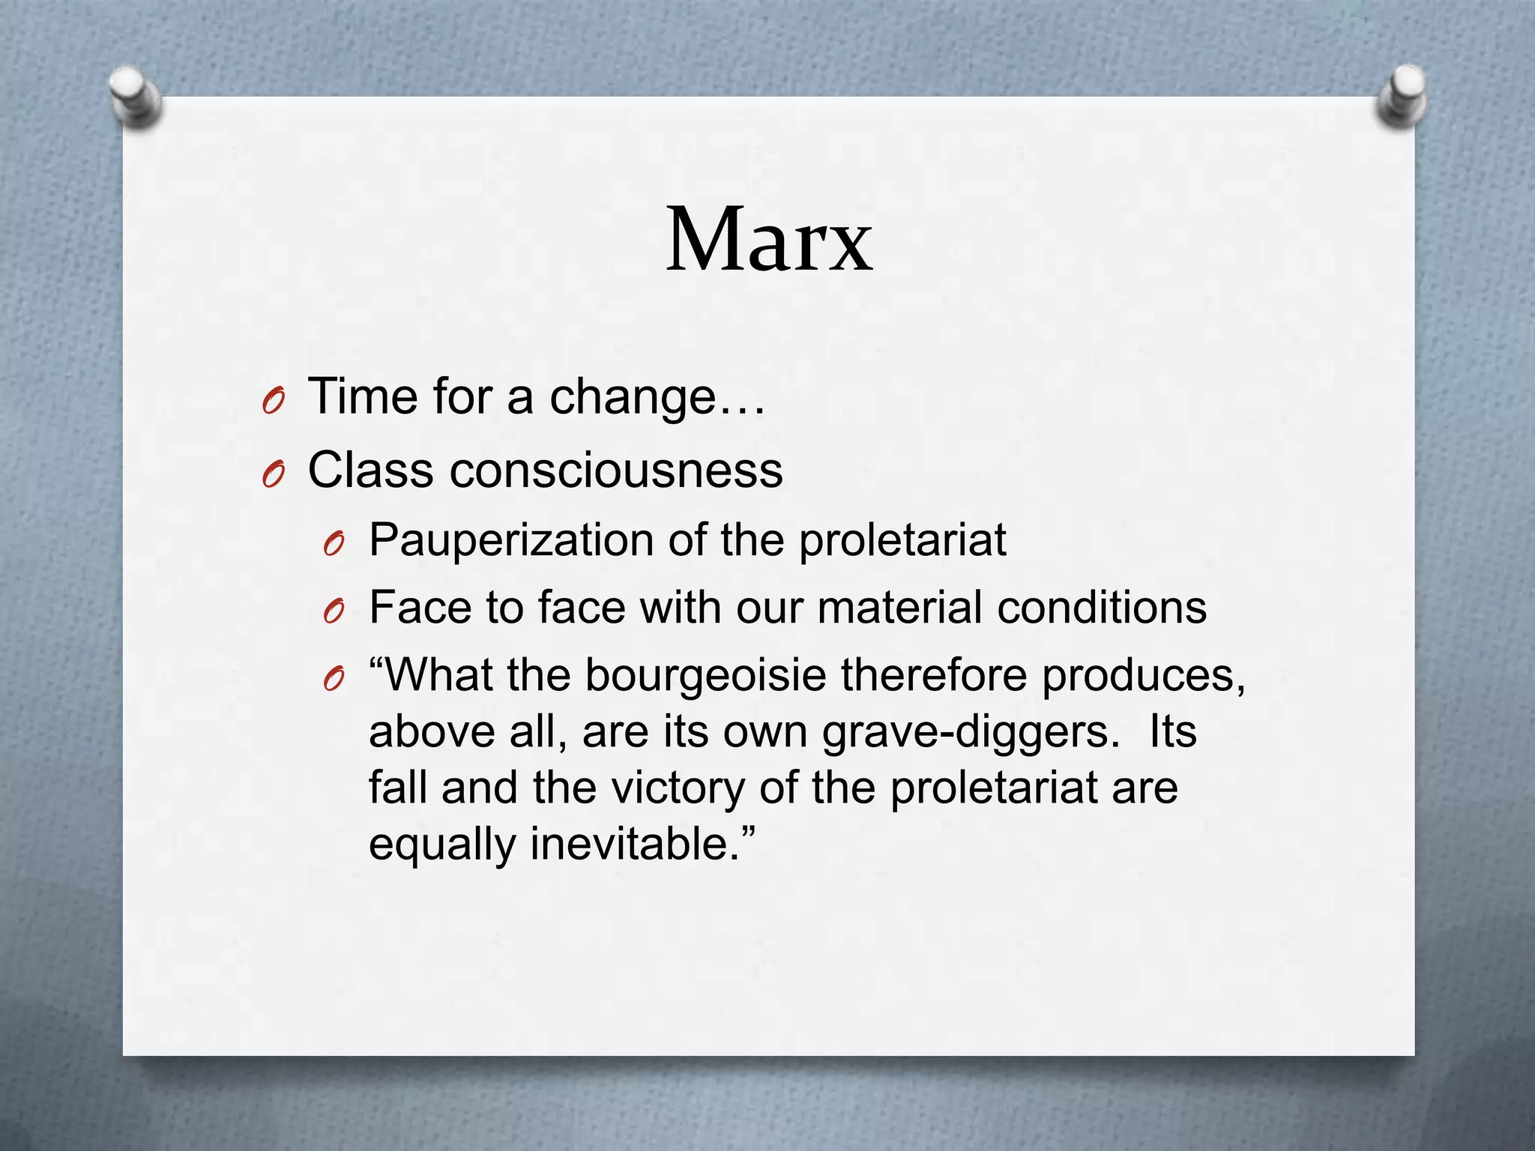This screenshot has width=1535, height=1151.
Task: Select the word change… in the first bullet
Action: tap(657, 397)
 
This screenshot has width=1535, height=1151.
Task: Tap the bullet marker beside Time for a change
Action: tap(274, 403)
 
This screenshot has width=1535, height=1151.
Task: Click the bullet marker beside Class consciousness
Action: tap(274, 475)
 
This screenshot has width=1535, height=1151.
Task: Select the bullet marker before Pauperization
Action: tap(334, 545)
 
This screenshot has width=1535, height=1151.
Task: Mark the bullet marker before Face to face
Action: tap(334, 612)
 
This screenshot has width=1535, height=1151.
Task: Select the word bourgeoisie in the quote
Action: tap(705, 676)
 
